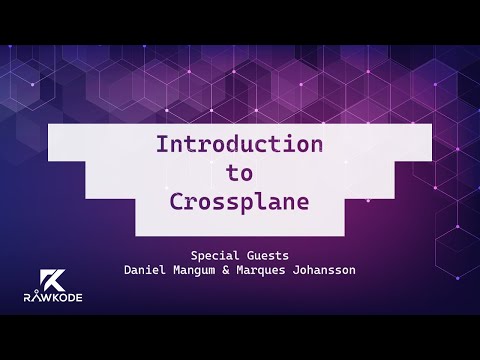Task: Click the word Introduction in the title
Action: point(239,144)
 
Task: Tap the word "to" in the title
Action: point(239,172)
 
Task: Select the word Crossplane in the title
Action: point(239,200)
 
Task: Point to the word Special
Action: point(214,254)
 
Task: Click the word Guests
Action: point(266,254)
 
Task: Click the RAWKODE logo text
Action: point(47,296)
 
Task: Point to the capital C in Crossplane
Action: point(176,200)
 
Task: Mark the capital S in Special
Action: point(193,254)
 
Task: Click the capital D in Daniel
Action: point(128,270)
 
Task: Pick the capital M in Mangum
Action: point(182,270)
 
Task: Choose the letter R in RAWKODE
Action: point(27,296)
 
